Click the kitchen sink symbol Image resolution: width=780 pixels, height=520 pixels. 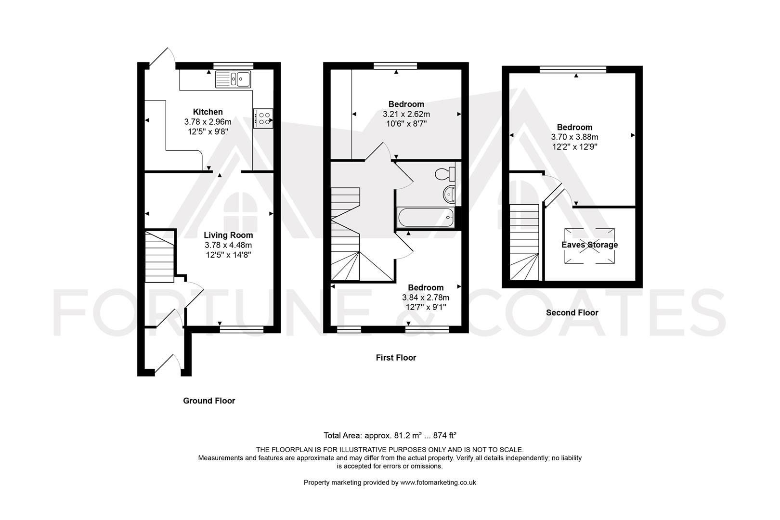[233, 79]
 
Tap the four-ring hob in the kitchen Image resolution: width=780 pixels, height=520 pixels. [263, 118]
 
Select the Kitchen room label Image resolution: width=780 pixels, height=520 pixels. [208, 112]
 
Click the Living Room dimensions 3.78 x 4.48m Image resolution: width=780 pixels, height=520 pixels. [228, 245]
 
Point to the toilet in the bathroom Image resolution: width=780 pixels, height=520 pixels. [445, 174]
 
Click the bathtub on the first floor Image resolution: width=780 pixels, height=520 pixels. [426, 217]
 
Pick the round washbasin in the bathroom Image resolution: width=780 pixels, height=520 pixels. [449, 195]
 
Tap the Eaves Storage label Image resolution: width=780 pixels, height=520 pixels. [589, 245]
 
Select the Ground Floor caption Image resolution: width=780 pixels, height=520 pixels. [209, 401]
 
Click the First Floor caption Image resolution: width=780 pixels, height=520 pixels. [396, 358]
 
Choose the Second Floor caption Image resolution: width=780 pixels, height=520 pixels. [572, 313]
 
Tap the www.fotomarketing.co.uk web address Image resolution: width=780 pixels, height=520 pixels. [438, 483]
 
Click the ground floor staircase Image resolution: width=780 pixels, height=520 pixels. [159, 256]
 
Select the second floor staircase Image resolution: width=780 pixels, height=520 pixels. [524, 242]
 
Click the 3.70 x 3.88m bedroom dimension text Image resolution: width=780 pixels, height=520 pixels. [574, 137]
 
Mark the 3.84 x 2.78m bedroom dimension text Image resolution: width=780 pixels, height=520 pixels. [426, 298]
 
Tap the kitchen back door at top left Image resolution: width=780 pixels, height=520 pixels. [162, 57]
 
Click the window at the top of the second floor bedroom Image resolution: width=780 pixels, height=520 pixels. [573, 69]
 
